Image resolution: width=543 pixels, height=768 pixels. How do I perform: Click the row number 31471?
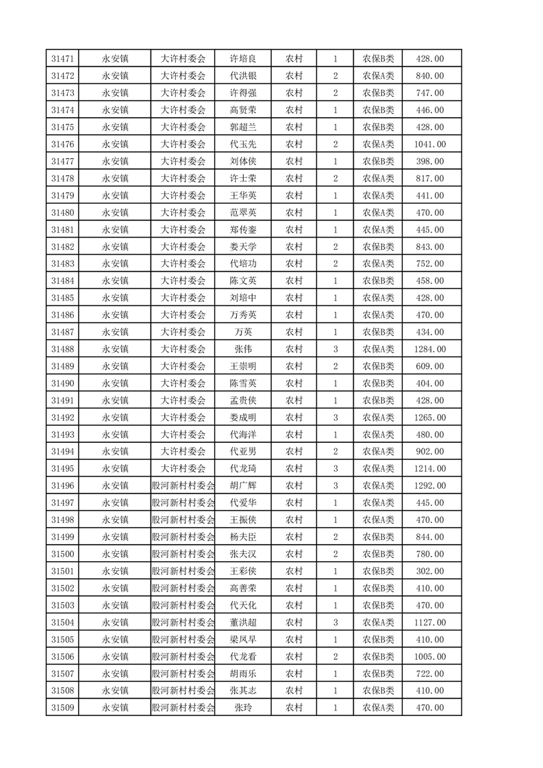[62, 59]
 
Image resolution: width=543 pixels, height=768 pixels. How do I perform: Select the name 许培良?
[243, 59]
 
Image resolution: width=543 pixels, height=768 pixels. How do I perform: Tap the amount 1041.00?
[430, 144]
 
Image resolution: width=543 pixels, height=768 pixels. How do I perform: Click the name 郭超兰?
[243, 127]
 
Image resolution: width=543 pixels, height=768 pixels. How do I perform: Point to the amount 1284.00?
[430, 349]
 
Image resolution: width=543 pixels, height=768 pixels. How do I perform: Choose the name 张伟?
[243, 349]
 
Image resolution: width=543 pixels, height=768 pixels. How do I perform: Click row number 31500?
[62, 554]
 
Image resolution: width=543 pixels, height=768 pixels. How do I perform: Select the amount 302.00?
[430, 571]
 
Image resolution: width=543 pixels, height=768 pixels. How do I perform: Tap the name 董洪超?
[243, 622]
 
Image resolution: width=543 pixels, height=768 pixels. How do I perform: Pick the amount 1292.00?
[430, 486]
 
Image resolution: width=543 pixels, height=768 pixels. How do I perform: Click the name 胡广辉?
[243, 486]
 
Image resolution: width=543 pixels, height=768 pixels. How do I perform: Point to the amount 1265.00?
[430, 418]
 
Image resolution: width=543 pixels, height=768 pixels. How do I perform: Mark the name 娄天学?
[243, 247]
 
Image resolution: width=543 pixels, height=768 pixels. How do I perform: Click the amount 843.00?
[430, 247]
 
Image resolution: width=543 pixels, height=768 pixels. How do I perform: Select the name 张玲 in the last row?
[243, 708]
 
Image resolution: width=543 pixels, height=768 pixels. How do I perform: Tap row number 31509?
[62, 708]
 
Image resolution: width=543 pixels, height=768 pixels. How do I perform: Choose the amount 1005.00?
[430, 656]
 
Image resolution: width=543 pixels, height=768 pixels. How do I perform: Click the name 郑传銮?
[243, 230]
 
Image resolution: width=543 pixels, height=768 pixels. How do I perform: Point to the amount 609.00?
[430, 366]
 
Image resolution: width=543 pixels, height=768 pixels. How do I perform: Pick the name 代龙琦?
[243, 469]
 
